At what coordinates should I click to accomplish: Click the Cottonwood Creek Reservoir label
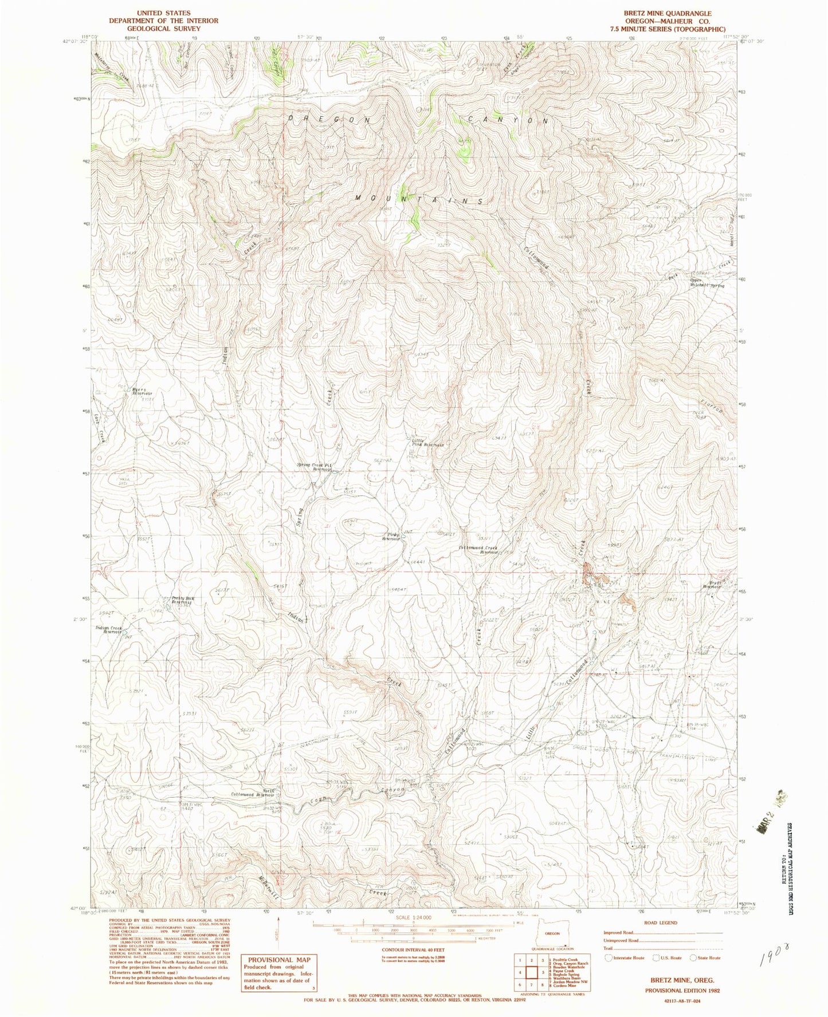coord(479,550)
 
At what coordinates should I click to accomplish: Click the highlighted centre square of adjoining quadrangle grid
coord(531,972)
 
